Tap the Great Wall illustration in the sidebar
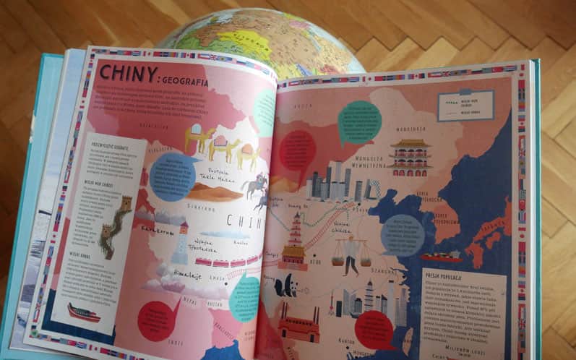click(116, 224)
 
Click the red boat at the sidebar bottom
click(83, 312)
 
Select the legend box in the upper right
click(465, 105)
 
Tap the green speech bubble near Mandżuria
click(359, 121)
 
